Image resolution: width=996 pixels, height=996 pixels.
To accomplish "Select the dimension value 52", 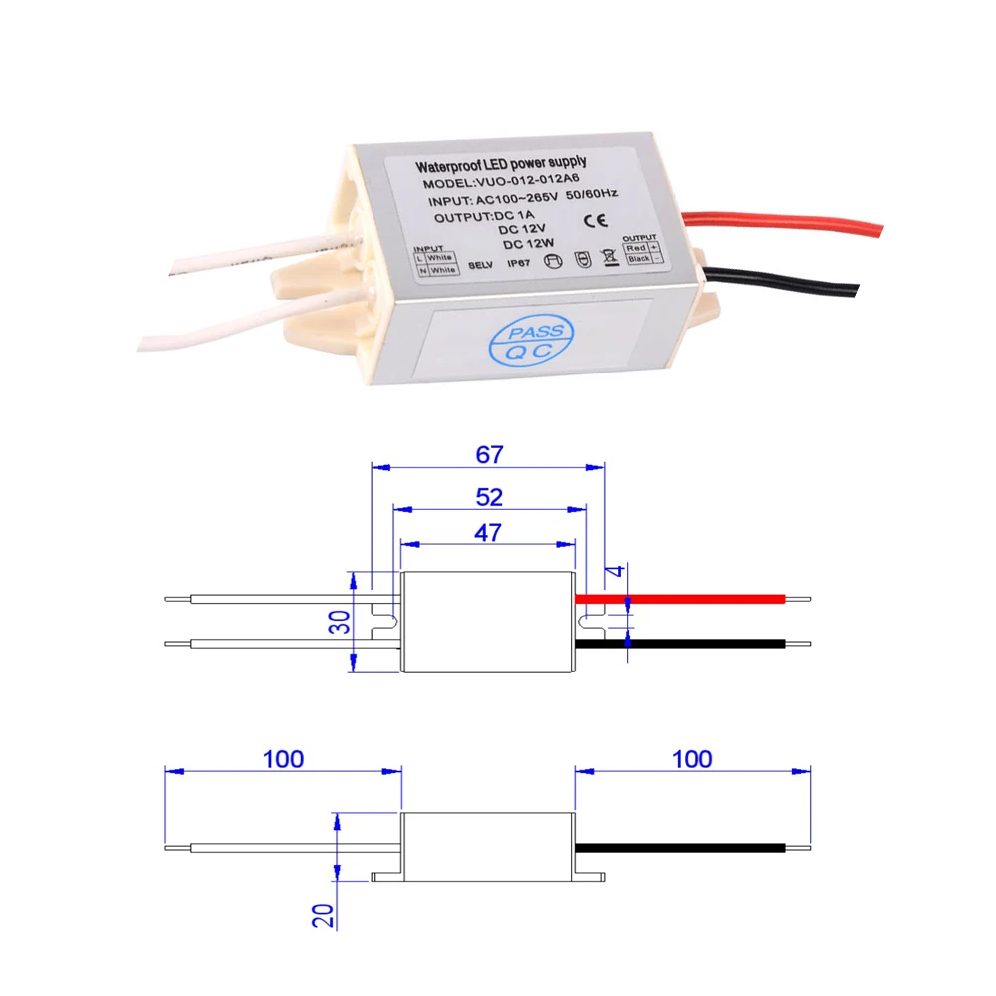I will (489, 497).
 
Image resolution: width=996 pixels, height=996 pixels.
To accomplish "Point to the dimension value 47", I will (487, 532).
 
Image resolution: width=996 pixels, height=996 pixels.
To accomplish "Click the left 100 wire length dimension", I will (283, 759).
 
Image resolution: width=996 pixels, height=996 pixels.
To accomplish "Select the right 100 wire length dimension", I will (692, 759).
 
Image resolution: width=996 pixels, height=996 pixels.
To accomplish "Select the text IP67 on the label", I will (517, 264).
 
